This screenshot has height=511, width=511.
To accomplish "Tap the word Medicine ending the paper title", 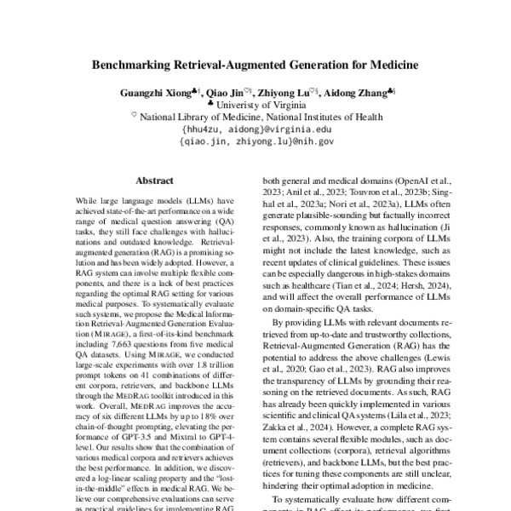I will [388, 63].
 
